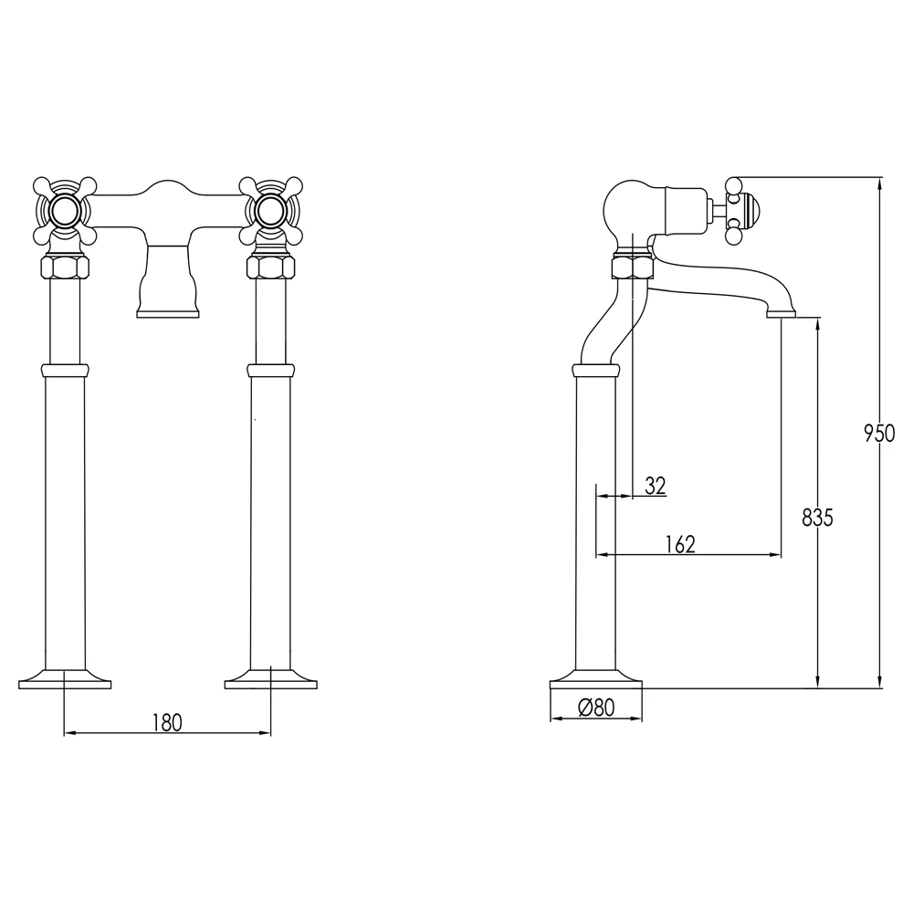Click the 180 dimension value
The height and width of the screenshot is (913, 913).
tap(167, 722)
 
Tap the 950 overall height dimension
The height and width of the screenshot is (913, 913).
tap(879, 433)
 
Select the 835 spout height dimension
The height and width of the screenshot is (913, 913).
tap(817, 518)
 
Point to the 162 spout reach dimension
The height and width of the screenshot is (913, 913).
tap(680, 544)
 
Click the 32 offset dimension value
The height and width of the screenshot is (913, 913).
tap(655, 486)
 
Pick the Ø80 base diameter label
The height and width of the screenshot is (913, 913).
tap(596, 707)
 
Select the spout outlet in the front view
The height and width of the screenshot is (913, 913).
tap(167, 312)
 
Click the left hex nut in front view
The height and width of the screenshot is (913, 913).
tap(65, 268)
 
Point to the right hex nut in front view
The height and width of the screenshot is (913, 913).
tap(271, 268)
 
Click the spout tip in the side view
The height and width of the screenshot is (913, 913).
tap(781, 313)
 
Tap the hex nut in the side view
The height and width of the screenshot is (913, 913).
tap(630, 268)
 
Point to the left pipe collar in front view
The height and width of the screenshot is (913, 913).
tap(65, 370)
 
